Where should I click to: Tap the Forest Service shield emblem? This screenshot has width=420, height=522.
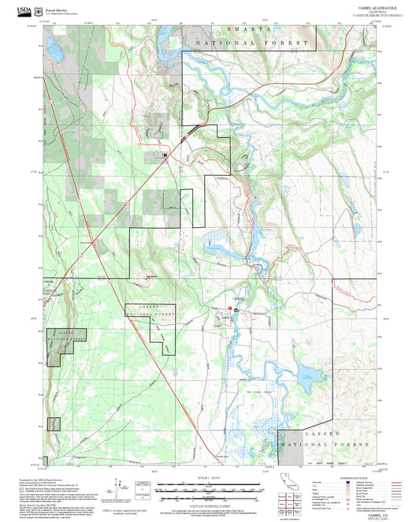[x=39, y=8]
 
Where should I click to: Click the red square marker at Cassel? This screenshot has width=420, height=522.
[x=230, y=308]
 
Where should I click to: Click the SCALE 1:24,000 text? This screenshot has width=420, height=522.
[x=209, y=477]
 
